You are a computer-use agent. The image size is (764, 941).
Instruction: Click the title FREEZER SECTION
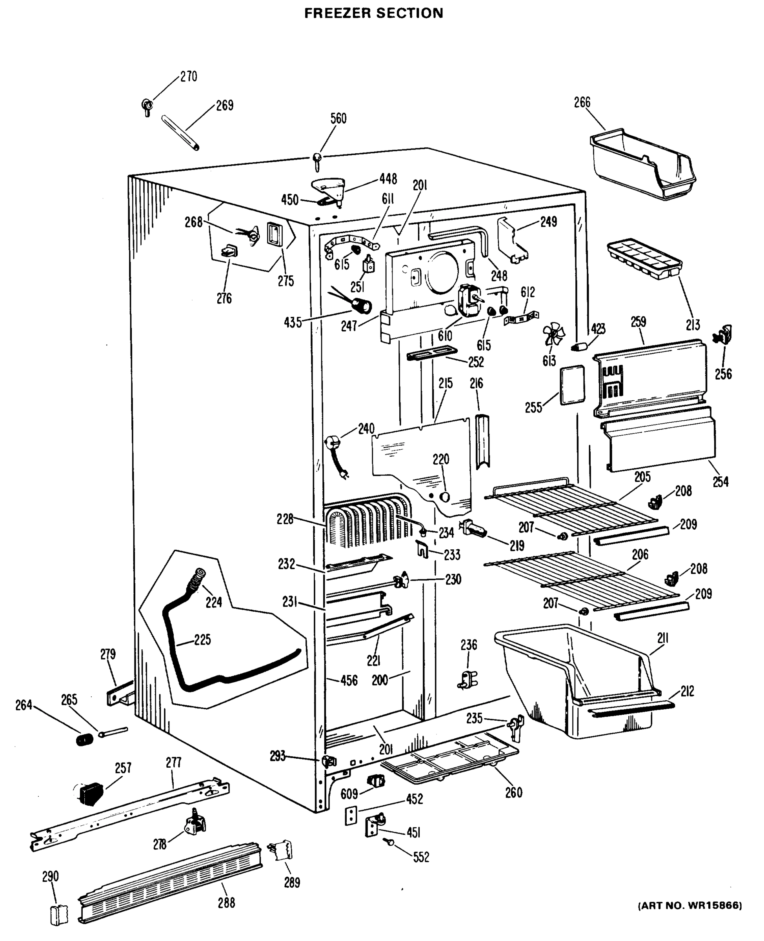(374, 13)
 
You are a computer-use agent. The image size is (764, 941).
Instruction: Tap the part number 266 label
(582, 102)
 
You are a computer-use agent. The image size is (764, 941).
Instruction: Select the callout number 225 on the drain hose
(202, 639)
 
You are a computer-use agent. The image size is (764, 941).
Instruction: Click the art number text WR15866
(689, 905)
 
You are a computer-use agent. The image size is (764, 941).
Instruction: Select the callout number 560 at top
(338, 118)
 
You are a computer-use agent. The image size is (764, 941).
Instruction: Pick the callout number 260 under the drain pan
(514, 792)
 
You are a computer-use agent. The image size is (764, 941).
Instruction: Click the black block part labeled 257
(91, 794)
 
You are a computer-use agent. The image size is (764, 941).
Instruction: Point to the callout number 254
(720, 482)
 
